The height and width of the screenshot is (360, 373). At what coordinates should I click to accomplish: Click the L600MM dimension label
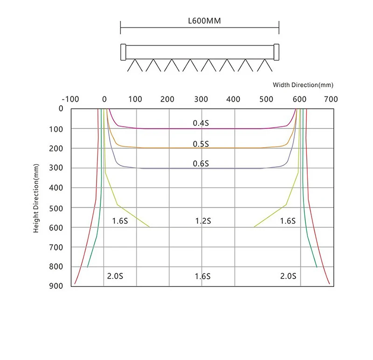pyautogui.click(x=200, y=21)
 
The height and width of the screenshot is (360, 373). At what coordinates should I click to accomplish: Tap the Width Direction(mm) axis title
pyautogui.click(x=303, y=85)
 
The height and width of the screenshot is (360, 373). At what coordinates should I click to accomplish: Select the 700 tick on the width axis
pyautogui.click(x=331, y=99)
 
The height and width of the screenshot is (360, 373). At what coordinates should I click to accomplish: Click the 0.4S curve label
pyautogui.click(x=201, y=123)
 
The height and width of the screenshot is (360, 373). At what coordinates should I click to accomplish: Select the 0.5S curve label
pyautogui.click(x=201, y=144)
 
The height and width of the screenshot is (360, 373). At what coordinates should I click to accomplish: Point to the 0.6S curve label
pyautogui.click(x=201, y=164)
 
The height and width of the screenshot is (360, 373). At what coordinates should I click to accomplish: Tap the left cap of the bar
pyautogui.click(x=123, y=52)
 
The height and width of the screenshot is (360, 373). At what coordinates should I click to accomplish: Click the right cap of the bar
pyautogui.click(x=276, y=52)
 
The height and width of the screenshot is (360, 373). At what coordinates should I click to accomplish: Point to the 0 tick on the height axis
pyautogui.click(x=61, y=109)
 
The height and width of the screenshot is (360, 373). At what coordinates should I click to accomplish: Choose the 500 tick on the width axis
pyautogui.click(x=266, y=99)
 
